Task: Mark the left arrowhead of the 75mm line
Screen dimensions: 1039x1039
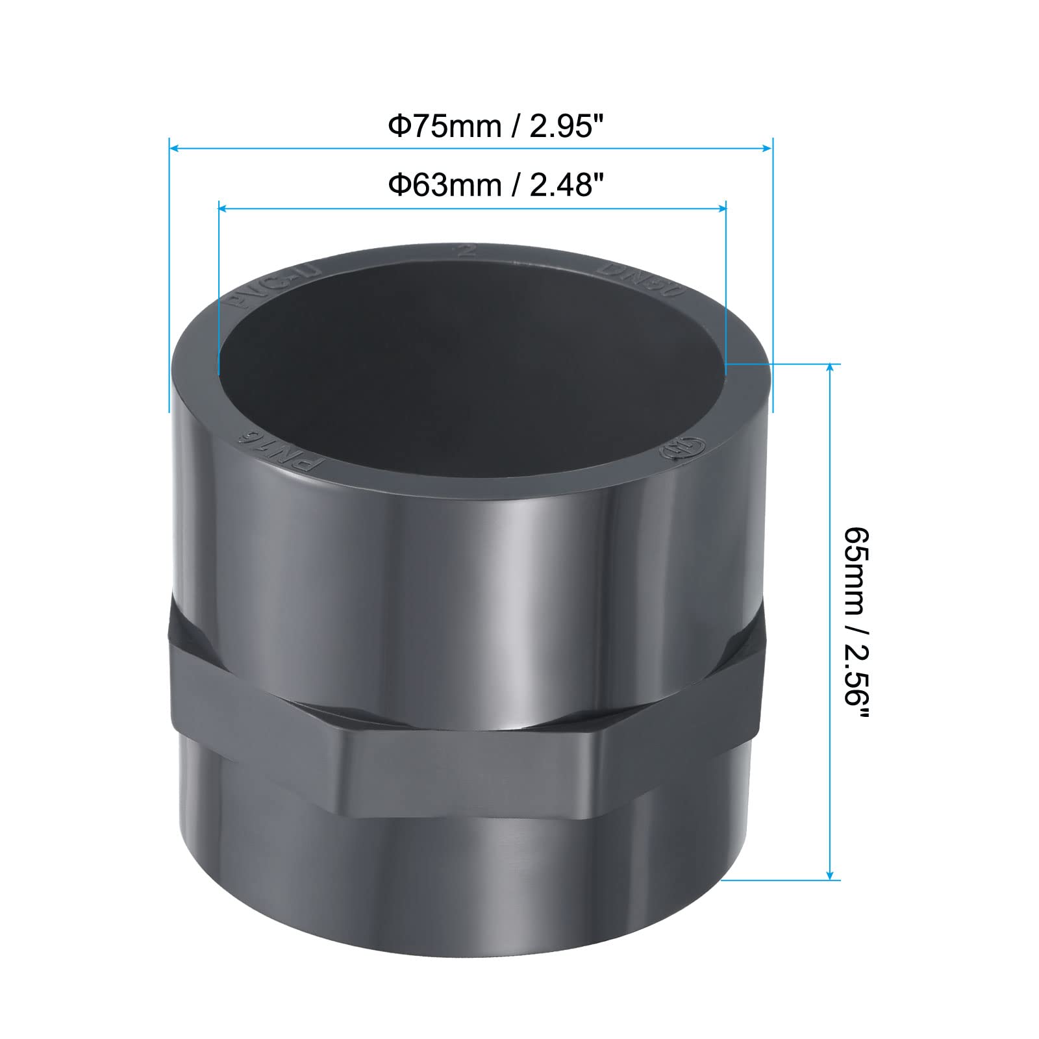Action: (x=173, y=149)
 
